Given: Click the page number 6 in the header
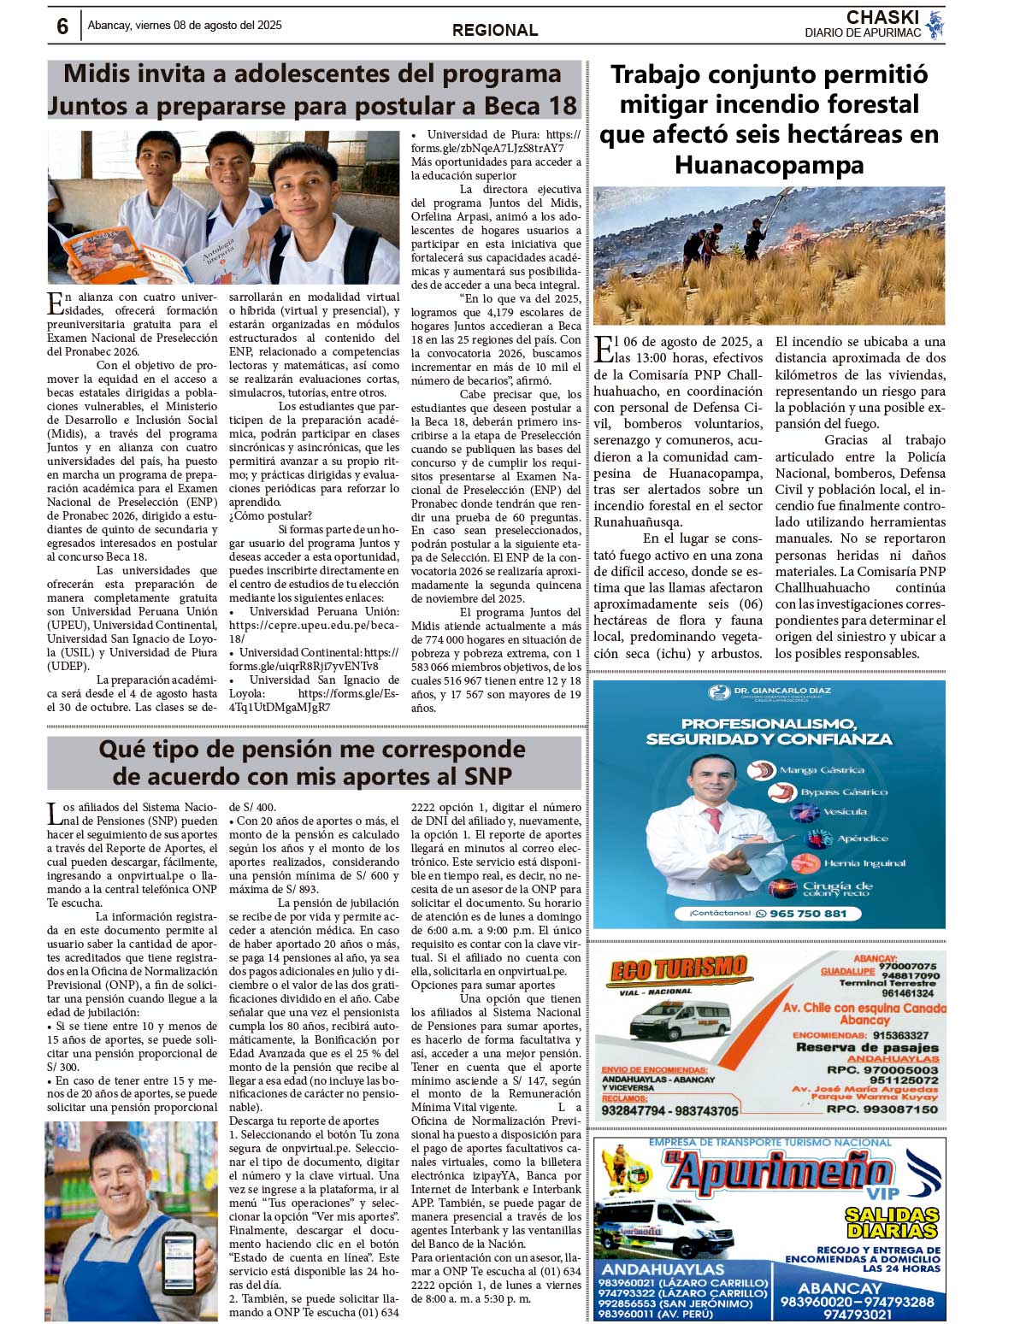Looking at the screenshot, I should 62,26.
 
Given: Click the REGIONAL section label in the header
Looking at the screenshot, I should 495,30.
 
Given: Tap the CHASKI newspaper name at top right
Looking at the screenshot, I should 882,18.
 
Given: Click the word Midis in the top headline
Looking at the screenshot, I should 101,74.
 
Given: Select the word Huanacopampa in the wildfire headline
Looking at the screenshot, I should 769,164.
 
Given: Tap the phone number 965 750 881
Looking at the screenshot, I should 807,913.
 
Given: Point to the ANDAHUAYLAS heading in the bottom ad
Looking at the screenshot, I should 662,1270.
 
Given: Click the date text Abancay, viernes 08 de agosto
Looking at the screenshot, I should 185,26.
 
